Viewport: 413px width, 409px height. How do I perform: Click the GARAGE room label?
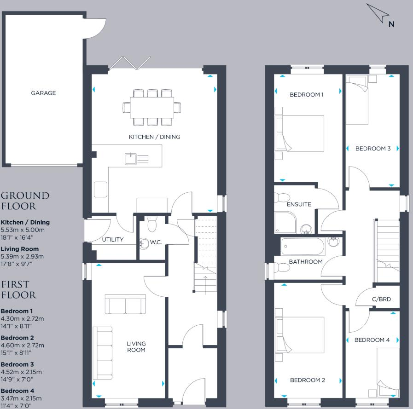coord(43,93)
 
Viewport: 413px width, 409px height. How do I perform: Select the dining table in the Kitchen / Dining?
coord(152,107)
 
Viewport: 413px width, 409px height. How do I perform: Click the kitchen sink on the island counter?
coord(131,159)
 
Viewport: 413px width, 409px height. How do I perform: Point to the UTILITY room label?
coord(113,240)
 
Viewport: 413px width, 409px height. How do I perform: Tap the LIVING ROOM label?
coord(136,347)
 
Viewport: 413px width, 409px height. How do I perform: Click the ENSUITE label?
coord(299,204)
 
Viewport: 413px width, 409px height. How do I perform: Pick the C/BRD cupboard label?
coord(381,299)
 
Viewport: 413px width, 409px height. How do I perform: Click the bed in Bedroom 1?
coord(300,133)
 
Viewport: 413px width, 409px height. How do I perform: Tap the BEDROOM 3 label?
coord(373,149)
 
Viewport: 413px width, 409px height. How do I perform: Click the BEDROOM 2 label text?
coord(308,380)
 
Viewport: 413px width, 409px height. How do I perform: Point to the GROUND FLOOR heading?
coord(25,201)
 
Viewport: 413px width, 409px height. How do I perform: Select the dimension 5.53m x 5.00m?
coord(23,230)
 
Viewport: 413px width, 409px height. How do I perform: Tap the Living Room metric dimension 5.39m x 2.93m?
coord(23,257)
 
